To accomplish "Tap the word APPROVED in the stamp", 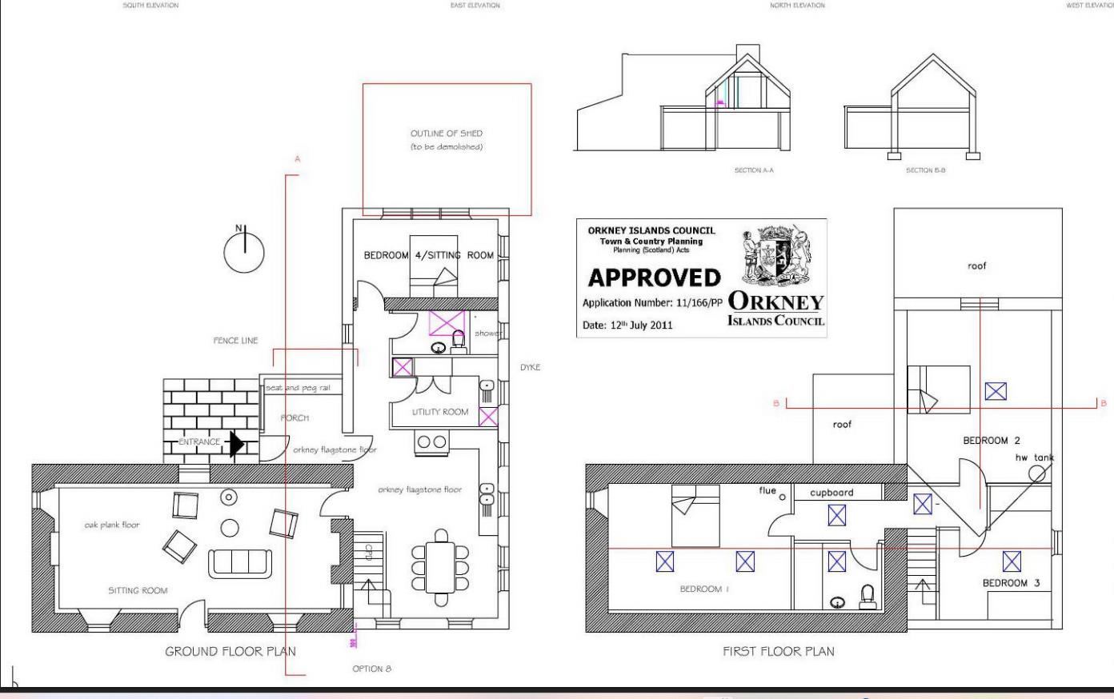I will (654, 278).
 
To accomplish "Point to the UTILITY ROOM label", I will (440, 412).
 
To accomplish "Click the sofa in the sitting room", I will (240, 563).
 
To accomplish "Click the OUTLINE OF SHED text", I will (447, 134).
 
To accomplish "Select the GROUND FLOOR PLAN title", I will (230, 651).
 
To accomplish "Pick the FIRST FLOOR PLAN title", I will (778, 651).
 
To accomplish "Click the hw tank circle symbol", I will (1036, 473).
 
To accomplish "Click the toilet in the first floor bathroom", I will (866, 596).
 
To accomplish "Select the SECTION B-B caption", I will (927, 170).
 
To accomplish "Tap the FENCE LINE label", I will (235, 341).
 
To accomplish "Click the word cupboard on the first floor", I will (831, 493).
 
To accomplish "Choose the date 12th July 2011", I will (627, 326).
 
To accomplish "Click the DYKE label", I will (530, 367).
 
